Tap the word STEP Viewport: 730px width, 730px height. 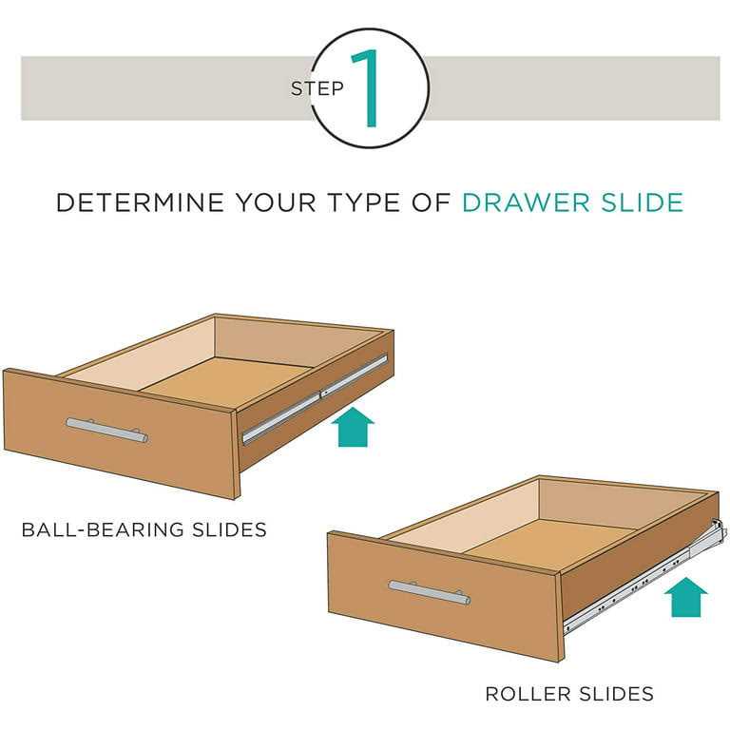pyautogui.click(x=317, y=89)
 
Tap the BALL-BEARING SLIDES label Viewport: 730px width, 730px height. pyautogui.click(x=144, y=528)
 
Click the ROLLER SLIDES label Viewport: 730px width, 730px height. pyautogui.click(x=569, y=694)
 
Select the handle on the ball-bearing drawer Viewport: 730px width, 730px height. pyautogui.click(x=106, y=430)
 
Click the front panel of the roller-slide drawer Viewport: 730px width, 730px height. pyautogui.click(x=442, y=595)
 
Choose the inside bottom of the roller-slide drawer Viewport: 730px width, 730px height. pyautogui.click(x=561, y=541)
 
